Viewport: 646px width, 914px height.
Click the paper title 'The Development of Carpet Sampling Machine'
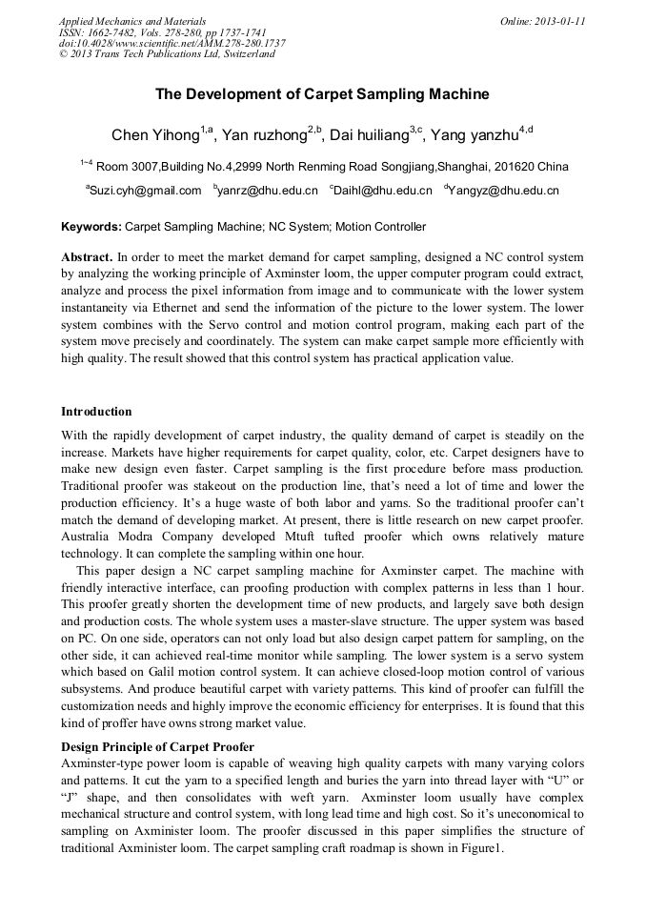tap(322, 94)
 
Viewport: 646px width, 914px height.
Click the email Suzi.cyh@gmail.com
tap(146, 191)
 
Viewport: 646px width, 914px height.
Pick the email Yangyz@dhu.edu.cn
tap(504, 191)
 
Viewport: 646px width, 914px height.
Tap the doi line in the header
tap(172, 43)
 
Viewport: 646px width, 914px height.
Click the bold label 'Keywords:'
tap(91, 227)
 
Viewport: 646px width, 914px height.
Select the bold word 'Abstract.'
tap(87, 257)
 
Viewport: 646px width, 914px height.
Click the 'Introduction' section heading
tap(96, 412)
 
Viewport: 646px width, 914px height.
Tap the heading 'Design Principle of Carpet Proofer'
tap(157, 745)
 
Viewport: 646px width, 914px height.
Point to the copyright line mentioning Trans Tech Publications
tap(167, 54)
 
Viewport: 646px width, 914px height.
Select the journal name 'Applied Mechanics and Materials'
tap(132, 21)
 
